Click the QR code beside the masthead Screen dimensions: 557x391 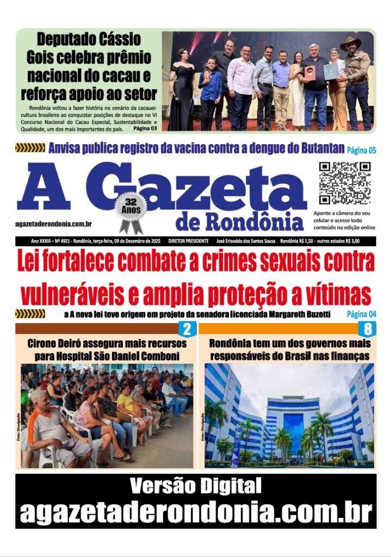[345, 183]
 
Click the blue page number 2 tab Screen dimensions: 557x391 [187, 329]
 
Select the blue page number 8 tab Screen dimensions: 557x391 [368, 329]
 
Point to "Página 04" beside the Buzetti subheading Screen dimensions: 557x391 [361, 314]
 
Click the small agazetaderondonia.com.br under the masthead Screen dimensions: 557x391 [53, 224]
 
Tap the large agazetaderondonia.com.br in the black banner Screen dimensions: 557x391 [196, 512]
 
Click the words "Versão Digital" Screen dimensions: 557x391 [196, 485]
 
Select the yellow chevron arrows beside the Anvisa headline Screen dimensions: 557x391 [30, 148]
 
